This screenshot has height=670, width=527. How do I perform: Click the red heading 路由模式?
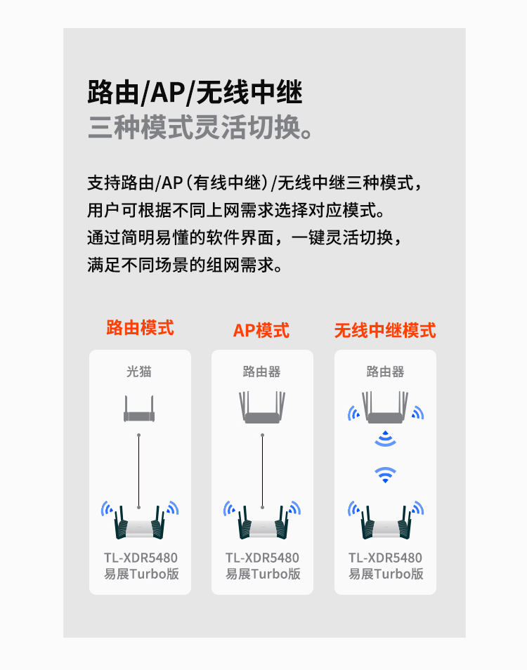(x=140, y=328)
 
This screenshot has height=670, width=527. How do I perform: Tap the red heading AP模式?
(x=261, y=331)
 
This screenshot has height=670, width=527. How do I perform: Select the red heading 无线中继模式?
(x=385, y=331)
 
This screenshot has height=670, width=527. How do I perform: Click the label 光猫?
(x=139, y=372)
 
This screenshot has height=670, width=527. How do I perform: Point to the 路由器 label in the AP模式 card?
(x=261, y=372)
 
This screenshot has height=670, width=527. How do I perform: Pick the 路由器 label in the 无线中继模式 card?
(x=385, y=372)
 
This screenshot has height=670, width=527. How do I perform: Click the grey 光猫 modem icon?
(x=139, y=409)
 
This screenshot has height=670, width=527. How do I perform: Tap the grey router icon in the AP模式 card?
(x=262, y=407)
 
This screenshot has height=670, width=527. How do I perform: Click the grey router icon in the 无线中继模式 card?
(x=385, y=407)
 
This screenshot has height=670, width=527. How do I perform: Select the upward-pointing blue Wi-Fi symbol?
(x=385, y=439)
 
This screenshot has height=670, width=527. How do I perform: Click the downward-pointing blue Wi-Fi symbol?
(x=385, y=474)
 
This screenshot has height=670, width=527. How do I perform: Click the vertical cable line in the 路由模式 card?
(x=139, y=471)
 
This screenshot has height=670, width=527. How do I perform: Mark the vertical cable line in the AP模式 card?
(x=262, y=471)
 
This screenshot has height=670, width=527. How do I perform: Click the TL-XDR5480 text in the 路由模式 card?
(x=141, y=558)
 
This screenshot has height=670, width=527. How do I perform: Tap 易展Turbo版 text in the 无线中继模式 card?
(x=386, y=574)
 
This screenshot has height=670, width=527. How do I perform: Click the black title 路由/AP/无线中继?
(x=195, y=92)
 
